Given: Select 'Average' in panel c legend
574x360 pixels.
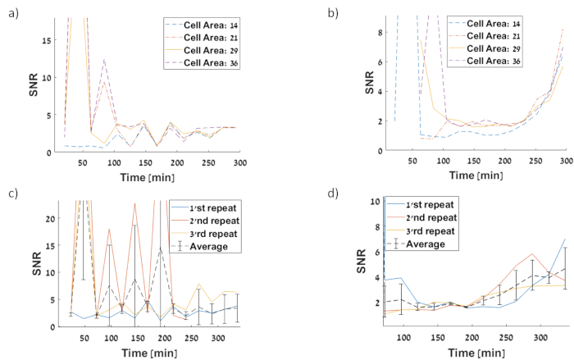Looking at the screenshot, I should coord(203,246).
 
